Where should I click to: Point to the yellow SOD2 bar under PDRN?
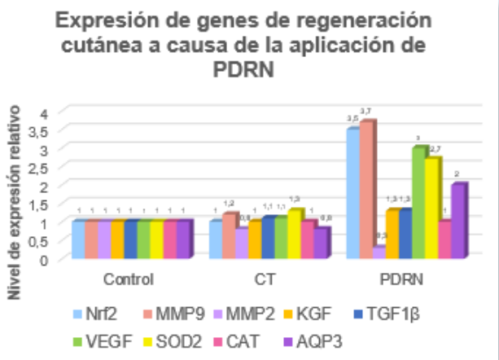click(431, 209)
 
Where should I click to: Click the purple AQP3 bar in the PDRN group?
click(458, 221)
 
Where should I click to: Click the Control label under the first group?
click(129, 279)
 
